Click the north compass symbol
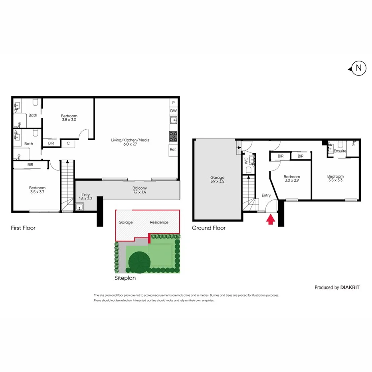point(358,68)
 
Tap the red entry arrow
point(270,219)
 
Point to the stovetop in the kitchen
point(173,137)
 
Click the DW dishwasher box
point(173,111)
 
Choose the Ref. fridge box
point(173,149)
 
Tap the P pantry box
point(173,103)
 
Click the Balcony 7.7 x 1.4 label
point(140,190)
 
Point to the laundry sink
point(80,206)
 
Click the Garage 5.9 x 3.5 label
point(218,180)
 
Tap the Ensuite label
point(340,151)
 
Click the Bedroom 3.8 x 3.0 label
point(69,118)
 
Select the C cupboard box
point(68,143)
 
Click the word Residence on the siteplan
point(159,222)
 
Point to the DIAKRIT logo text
point(350,287)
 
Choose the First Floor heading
point(23,228)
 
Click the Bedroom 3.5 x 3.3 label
point(335,179)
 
